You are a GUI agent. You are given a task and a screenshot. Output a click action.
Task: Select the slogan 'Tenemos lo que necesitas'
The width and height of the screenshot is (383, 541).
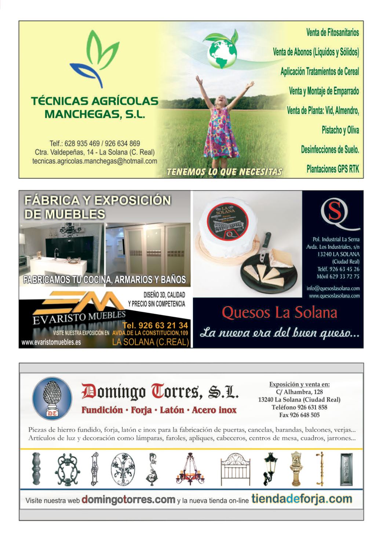pyautogui.click(x=225, y=172)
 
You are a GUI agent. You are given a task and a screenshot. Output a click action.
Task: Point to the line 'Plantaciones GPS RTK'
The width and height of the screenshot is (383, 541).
pyautogui.click(x=332, y=169)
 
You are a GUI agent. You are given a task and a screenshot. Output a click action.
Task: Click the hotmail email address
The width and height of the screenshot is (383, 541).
pyautogui.click(x=95, y=161)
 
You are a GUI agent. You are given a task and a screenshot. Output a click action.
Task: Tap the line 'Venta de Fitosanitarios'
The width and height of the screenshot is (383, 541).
pyautogui.click(x=332, y=33)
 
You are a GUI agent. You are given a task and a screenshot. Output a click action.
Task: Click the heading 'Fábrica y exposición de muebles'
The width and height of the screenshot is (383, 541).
pyautogui.click(x=97, y=207)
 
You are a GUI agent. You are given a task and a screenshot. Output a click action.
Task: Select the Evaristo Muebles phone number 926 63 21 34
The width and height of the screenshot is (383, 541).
pyautogui.click(x=155, y=325)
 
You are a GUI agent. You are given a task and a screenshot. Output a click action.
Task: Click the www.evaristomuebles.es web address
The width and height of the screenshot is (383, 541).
pyautogui.click(x=51, y=342)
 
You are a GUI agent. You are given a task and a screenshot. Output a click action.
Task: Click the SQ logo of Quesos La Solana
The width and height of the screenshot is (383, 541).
pyautogui.click(x=334, y=213)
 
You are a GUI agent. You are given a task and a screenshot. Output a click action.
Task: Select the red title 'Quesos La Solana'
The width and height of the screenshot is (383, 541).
pyautogui.click(x=280, y=313)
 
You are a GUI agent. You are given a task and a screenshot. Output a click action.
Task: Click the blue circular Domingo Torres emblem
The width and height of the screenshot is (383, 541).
pyautogui.click(x=52, y=399)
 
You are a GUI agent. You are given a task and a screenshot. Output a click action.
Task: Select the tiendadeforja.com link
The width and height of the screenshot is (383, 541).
pyautogui.click(x=302, y=499)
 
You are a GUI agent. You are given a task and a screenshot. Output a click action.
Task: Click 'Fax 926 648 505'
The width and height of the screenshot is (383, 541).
pyautogui.click(x=299, y=415)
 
